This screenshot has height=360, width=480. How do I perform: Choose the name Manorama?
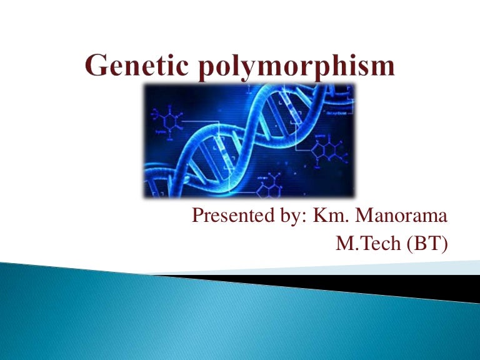click(402, 217)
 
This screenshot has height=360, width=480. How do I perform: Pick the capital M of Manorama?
click(363, 217)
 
